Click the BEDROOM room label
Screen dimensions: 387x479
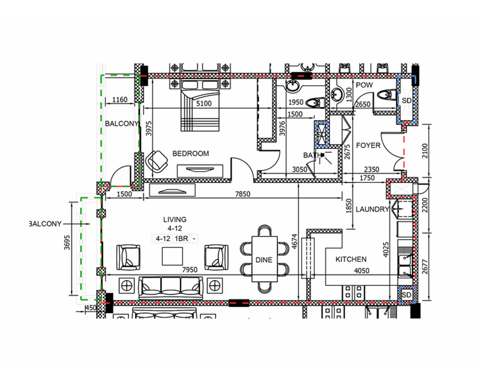coord(190,154)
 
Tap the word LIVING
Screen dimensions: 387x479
coord(174,220)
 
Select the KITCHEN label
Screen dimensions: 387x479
coord(351,259)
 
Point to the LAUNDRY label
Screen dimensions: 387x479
coord(372,210)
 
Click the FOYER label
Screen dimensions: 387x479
coord(368,146)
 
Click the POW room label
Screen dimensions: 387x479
coord(364,86)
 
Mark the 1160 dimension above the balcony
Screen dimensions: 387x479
coord(120,100)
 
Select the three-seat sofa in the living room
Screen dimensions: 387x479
coord(171,288)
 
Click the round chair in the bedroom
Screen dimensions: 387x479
coord(157,161)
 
